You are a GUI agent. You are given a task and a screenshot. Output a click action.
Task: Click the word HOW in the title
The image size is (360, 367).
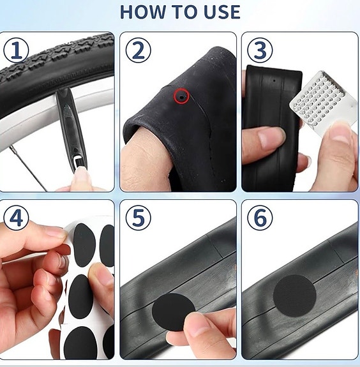142,11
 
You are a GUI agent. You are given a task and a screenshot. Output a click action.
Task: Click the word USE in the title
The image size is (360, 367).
219,11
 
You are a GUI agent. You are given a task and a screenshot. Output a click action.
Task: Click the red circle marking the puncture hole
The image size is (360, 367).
183,96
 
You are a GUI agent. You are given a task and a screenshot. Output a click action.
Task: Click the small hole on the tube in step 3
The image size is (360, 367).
273,82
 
